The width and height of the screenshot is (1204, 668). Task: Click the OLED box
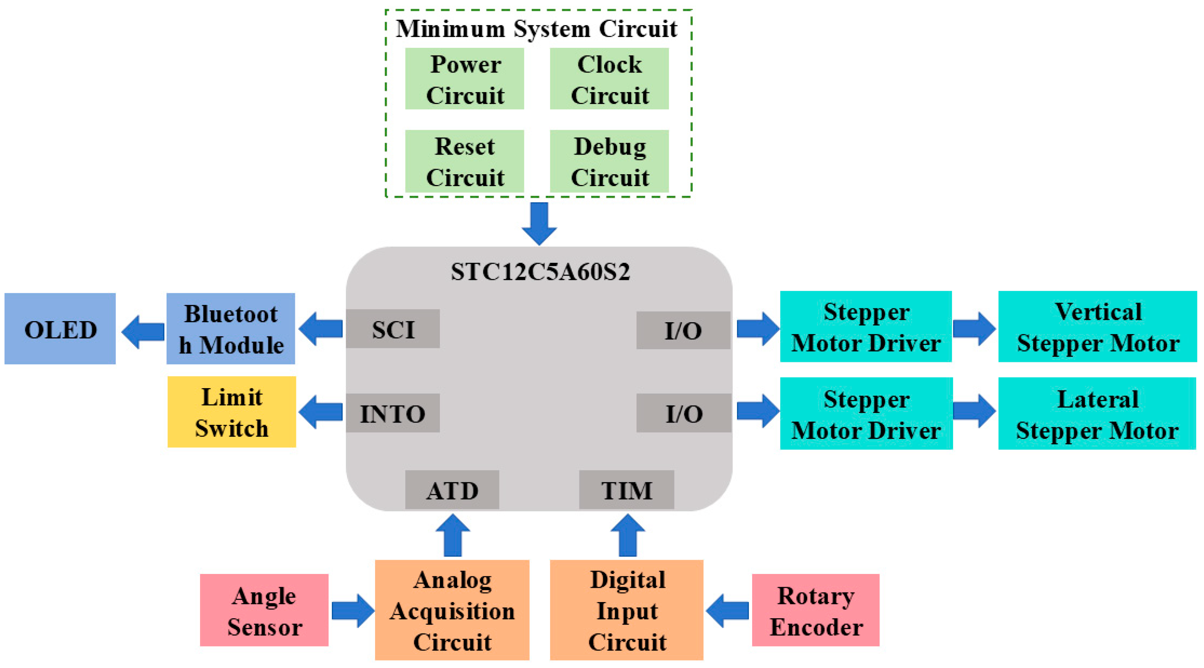pyautogui.click(x=60, y=329)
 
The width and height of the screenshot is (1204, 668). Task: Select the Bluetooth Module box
pyautogui.click(x=231, y=329)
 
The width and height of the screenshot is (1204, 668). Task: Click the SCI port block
pyautogui.click(x=392, y=329)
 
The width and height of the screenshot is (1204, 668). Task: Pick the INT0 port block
pyautogui.click(x=392, y=413)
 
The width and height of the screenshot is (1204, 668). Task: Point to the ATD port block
pyautogui.click(x=452, y=490)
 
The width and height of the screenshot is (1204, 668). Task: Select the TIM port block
pyautogui.click(x=626, y=490)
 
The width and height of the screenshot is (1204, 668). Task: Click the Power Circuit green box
pyautogui.click(x=464, y=79)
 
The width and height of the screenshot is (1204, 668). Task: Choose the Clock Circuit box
pyautogui.click(x=609, y=79)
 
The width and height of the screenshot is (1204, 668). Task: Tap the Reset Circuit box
pyautogui.click(x=464, y=161)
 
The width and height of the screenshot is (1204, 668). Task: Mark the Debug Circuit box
pyautogui.click(x=609, y=161)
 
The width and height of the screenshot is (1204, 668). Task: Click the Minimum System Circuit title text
pyautogui.click(x=536, y=29)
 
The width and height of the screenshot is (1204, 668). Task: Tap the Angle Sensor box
pyautogui.click(x=264, y=610)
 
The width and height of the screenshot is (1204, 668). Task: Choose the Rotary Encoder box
pyautogui.click(x=816, y=610)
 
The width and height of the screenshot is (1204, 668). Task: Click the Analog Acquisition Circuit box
pyautogui.click(x=452, y=610)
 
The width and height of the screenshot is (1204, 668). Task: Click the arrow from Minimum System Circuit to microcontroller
pyautogui.click(x=539, y=222)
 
